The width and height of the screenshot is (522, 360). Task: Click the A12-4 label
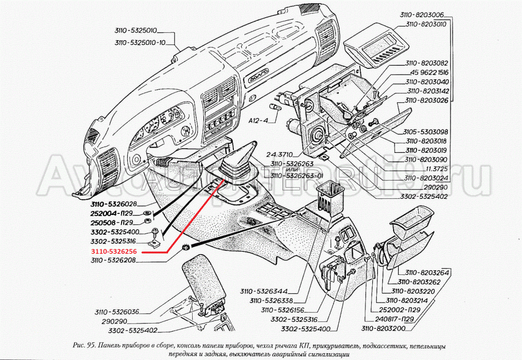click(257, 120)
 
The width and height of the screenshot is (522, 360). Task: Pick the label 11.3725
click(437, 169)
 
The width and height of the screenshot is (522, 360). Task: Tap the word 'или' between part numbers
click(292, 169)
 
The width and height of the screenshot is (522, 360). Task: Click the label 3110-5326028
click(112, 204)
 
